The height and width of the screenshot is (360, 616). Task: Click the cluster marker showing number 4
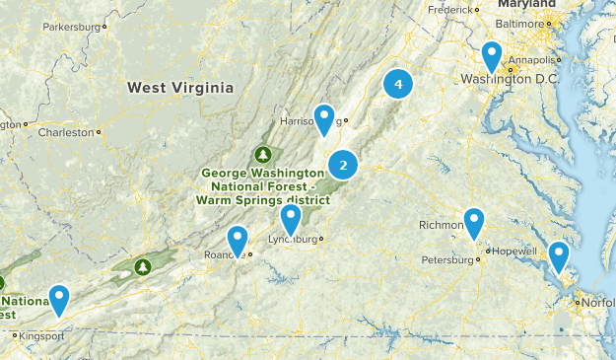coord(397,85)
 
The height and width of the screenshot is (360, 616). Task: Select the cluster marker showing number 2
coord(343,165)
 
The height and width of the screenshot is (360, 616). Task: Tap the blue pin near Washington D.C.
coord(492,56)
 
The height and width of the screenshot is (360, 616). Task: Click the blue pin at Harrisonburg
coord(325,119)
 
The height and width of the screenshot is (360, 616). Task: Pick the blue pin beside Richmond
coord(474,223)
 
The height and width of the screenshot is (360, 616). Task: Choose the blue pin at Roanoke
coord(238,240)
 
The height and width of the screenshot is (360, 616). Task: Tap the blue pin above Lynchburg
coord(290,219)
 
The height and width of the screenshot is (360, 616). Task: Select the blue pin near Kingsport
coord(60,299)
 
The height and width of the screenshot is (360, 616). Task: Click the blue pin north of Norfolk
coord(559,256)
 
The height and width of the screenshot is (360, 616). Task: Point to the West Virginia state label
coord(180,88)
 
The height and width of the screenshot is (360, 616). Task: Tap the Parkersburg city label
coord(72,27)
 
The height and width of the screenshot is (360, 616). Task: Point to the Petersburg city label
coord(447,260)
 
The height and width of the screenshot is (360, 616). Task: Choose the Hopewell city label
coord(513,251)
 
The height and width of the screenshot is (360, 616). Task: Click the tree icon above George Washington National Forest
coord(263,154)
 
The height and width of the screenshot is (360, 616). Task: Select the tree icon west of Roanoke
coord(143,266)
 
